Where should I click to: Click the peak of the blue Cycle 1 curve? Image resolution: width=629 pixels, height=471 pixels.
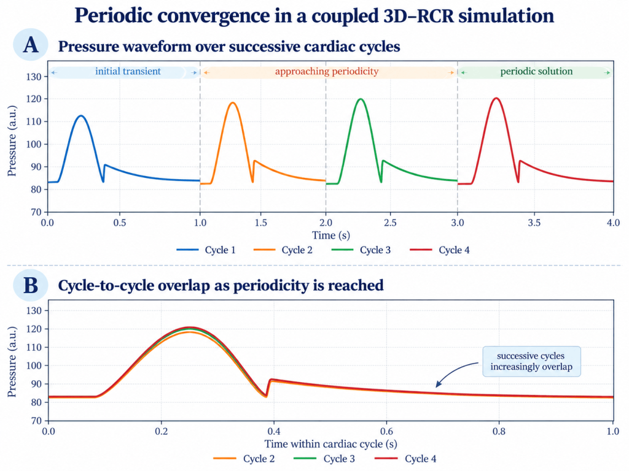point(82,116)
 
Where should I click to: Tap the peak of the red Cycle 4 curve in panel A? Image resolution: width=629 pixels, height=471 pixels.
point(496,98)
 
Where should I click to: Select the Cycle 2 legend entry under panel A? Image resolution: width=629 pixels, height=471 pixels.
point(283,250)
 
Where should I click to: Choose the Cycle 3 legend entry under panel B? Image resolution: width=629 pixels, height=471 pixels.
point(324,459)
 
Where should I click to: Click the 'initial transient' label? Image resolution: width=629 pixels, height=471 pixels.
point(128,71)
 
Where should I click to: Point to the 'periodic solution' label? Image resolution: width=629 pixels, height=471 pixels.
point(536,71)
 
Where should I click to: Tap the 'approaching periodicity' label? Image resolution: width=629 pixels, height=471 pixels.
point(327,71)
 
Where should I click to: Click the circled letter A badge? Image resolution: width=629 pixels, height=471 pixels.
point(31,44)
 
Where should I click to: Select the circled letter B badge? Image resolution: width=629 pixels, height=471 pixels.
point(31,285)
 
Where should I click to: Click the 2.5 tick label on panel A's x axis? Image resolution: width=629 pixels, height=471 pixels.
point(390,223)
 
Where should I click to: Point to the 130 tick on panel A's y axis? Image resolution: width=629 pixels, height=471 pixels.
point(34,77)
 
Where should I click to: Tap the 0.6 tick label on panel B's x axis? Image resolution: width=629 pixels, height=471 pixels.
point(387,431)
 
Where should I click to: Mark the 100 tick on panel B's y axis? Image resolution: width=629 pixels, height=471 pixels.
point(34,366)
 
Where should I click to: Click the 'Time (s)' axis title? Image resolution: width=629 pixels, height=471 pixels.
point(331,235)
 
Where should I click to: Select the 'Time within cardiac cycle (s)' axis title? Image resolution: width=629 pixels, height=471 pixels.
point(331,444)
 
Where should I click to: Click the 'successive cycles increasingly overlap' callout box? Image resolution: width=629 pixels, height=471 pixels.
point(531,361)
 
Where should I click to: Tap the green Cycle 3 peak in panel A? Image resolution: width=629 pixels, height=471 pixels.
point(361,99)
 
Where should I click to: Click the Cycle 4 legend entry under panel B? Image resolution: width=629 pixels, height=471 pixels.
point(405,459)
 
